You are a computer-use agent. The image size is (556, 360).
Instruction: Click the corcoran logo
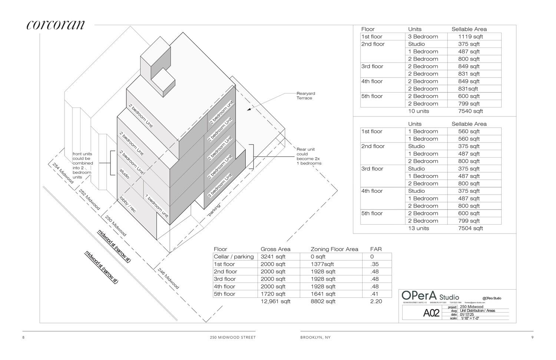56,24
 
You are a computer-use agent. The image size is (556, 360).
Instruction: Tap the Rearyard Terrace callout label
305,96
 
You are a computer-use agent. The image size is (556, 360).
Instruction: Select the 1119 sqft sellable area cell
470,37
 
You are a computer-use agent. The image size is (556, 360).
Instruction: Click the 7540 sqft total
470,111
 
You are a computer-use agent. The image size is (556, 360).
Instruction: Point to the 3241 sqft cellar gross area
273,257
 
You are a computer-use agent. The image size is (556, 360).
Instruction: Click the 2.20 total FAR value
376,301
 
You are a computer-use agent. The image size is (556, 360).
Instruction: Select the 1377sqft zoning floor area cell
322,264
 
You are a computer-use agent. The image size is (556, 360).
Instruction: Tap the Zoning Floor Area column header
334,249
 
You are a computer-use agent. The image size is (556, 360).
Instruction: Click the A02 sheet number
431,313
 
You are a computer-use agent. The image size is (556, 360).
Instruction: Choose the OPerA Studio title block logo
430,296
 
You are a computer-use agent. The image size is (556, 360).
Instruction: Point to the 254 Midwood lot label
63,173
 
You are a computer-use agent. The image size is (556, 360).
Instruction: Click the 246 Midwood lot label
168,278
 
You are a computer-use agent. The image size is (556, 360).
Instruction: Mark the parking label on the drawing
214,210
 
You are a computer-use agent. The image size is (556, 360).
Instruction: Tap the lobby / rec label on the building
127,204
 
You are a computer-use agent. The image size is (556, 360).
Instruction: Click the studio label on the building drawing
124,174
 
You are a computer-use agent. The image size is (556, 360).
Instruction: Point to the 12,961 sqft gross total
275,301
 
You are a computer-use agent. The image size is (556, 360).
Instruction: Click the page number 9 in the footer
532,337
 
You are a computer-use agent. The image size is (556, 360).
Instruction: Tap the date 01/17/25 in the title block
467,314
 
